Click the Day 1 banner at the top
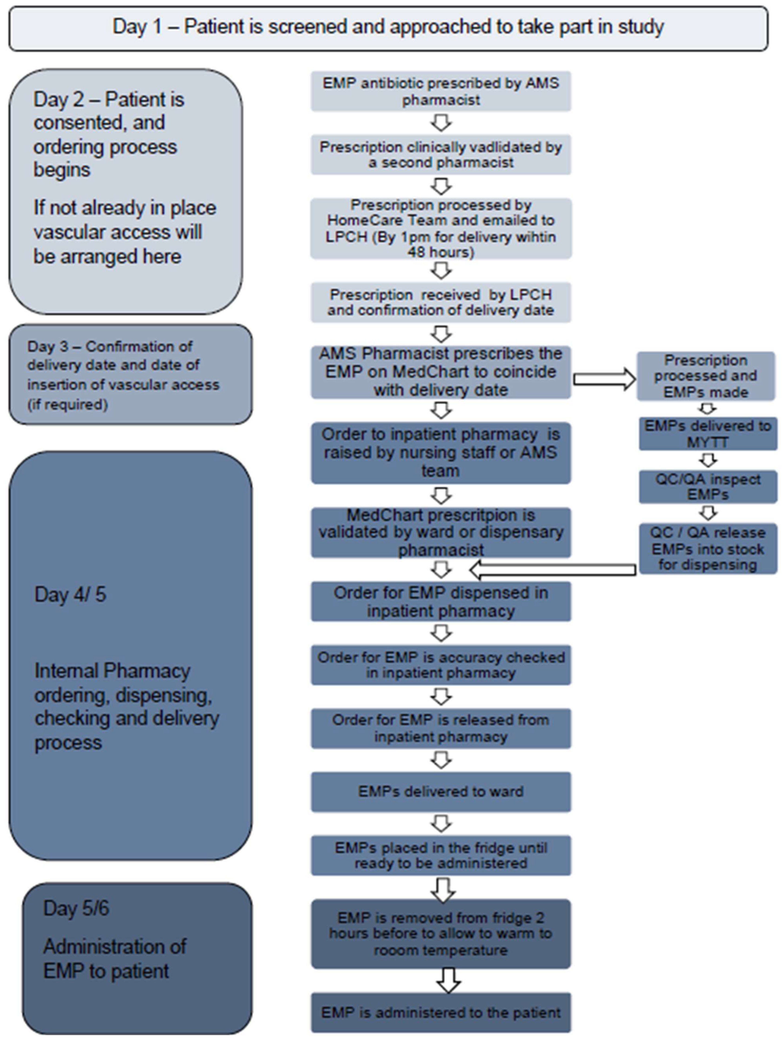(388, 27)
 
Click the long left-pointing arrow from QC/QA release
(552, 570)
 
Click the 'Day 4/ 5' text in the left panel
(70, 594)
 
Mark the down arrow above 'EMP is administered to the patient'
(448, 980)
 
